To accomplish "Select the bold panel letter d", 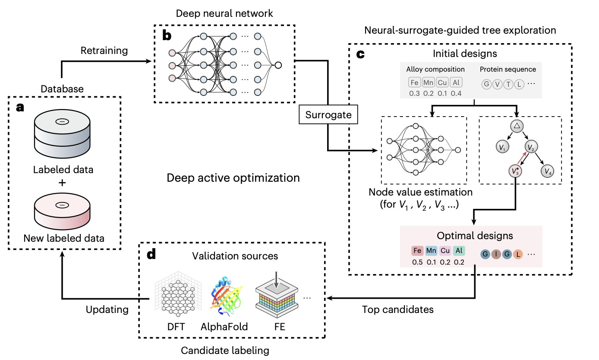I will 151,256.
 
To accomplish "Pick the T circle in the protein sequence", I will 508,84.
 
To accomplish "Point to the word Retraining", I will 104,51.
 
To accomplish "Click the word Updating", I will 107,309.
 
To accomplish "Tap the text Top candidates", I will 398,309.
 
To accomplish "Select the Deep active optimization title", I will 233,177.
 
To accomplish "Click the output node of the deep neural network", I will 278,65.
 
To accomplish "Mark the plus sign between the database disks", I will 63,183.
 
